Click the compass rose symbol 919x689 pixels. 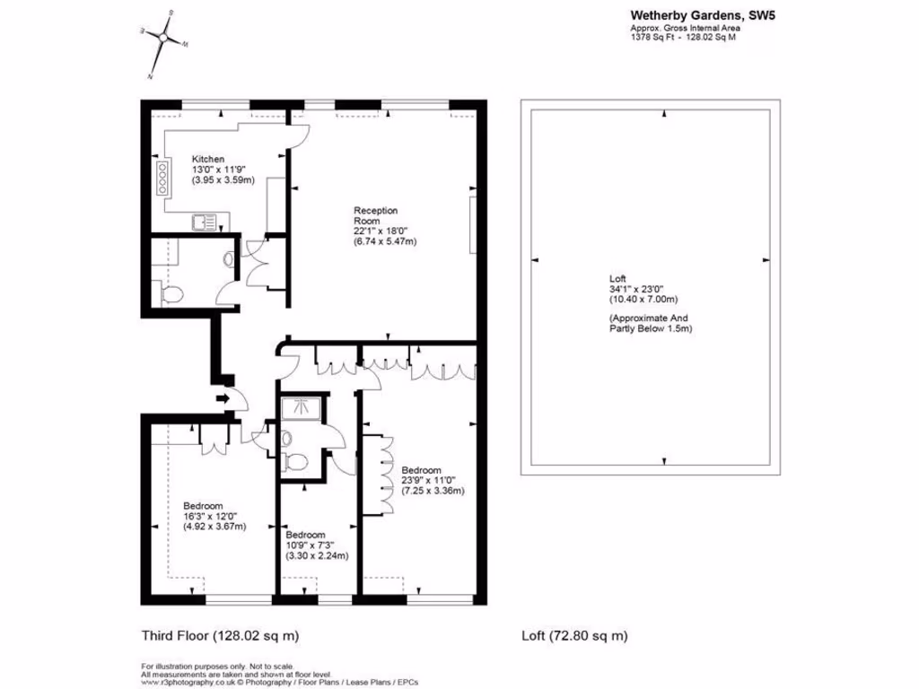162,39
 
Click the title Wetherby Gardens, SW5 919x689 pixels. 687,14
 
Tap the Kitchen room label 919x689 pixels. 208,159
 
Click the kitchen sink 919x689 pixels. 203,222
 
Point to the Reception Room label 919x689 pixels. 375,215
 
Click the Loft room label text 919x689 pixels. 617,278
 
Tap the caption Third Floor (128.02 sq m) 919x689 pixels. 220,636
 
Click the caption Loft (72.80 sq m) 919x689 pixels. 574,636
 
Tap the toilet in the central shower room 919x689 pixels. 293,461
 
